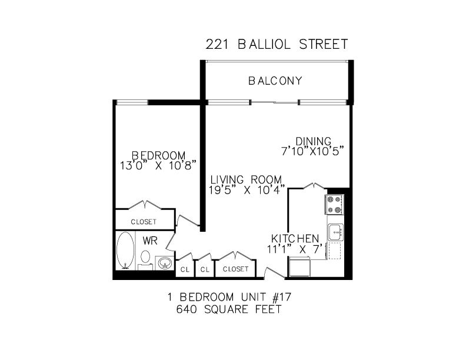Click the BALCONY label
pos(275,81)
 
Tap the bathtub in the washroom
pos(125,251)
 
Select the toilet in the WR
pos(145,259)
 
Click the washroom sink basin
pos(164,263)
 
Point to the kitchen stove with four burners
pos(334,204)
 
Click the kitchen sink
pos(335,232)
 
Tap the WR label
pos(150,241)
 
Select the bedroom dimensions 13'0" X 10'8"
pos(158,165)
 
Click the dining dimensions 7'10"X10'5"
pos(312,151)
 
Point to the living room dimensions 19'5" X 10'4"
pos(247,190)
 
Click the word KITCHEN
pos(295,238)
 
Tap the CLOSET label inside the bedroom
pos(144,222)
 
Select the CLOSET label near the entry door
pos(235,269)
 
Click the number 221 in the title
pos(217,45)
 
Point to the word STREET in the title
pos(324,45)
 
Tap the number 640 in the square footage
pos(187,309)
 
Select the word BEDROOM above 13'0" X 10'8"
pos(158,155)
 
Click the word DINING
pos(313,141)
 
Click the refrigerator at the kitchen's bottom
pos(299,267)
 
